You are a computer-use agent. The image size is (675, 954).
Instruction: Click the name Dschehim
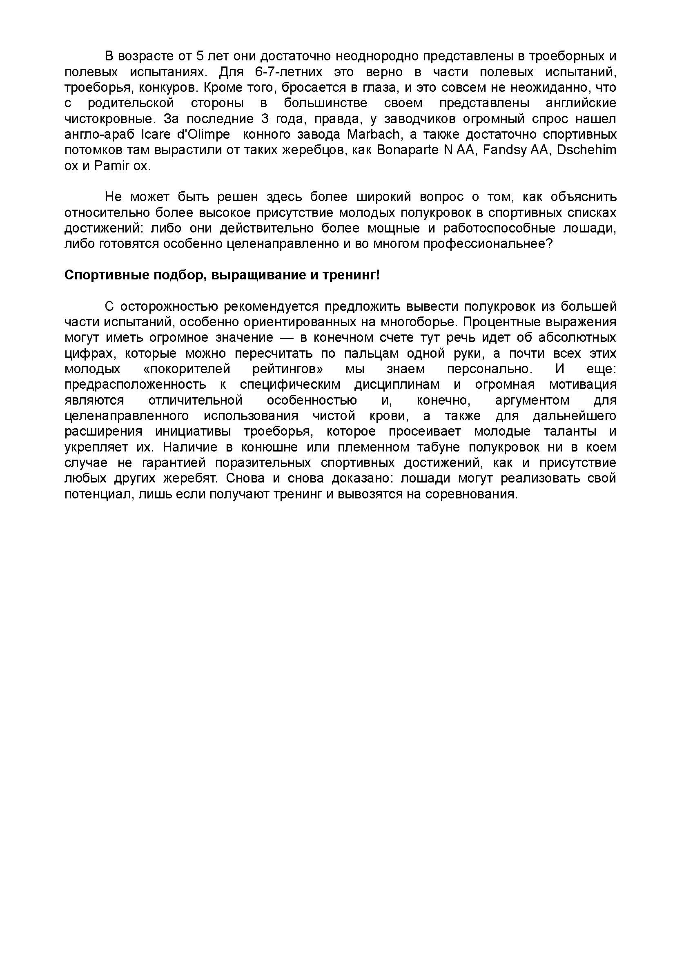click(x=586, y=150)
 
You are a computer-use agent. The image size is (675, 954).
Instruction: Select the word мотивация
click(x=582, y=384)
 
